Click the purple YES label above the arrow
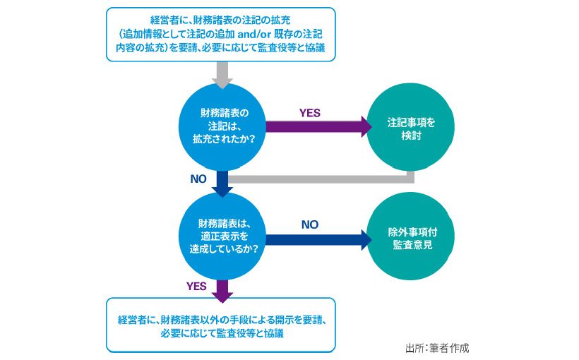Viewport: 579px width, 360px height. click(x=309, y=113)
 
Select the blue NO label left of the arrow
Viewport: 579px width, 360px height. click(x=198, y=179)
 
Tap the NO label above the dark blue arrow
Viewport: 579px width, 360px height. click(x=309, y=224)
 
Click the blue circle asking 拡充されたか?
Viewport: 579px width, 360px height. click(x=223, y=126)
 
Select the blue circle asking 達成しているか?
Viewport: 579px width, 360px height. click(x=223, y=237)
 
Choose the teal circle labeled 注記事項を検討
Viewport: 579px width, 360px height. click(x=411, y=127)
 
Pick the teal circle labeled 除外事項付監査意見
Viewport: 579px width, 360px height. click(x=411, y=237)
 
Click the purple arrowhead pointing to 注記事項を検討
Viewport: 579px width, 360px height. click(x=365, y=127)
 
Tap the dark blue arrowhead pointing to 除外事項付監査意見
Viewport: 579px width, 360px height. click(x=365, y=239)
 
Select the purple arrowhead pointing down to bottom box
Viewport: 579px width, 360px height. click(x=223, y=291)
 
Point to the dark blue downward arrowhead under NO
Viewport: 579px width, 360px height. click(x=223, y=189)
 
